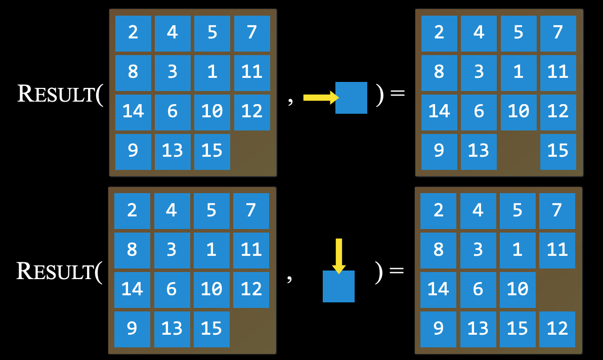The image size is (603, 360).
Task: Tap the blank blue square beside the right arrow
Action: (351, 98)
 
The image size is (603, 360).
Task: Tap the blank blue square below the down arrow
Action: (338, 286)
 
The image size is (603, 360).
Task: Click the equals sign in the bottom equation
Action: (397, 271)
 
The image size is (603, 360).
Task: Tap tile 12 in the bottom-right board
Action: (557, 329)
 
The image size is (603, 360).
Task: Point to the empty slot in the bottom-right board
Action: (557, 289)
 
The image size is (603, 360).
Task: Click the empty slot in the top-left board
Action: (251, 151)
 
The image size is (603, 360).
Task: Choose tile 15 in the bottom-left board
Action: (211, 329)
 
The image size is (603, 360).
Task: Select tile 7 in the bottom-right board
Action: (557, 210)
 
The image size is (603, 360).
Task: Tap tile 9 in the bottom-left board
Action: (132, 329)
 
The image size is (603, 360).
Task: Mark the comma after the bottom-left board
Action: (289, 278)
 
